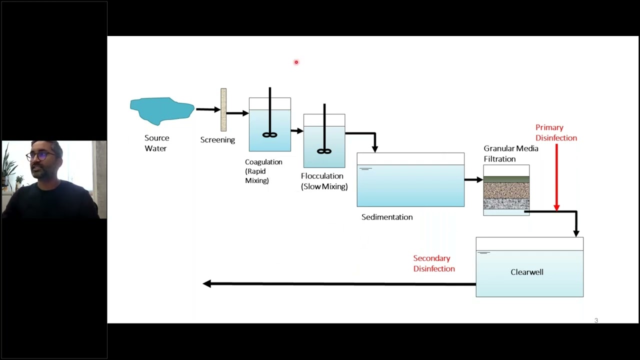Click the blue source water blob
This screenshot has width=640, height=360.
click(161, 110)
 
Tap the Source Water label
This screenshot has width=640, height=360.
click(156, 143)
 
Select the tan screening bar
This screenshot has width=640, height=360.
click(223, 109)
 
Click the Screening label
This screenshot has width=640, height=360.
click(217, 140)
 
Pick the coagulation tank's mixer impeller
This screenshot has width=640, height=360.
click(269, 134)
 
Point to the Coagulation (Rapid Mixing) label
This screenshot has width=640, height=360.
click(263, 171)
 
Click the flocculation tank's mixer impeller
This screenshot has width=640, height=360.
click(324, 151)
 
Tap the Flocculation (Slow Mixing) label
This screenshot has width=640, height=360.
click(324, 181)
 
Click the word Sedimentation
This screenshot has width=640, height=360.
click(387, 217)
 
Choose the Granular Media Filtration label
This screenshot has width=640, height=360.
click(510, 153)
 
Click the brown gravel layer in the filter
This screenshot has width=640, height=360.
click(506, 190)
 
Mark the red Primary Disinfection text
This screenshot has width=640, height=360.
click(555, 132)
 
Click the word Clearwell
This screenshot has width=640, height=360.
click(526, 272)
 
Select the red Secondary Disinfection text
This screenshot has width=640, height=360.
click(433, 263)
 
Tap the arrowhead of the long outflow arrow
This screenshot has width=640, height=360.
click(207, 283)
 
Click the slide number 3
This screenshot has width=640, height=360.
click(596, 320)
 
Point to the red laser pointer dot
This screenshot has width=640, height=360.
click(296, 62)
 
